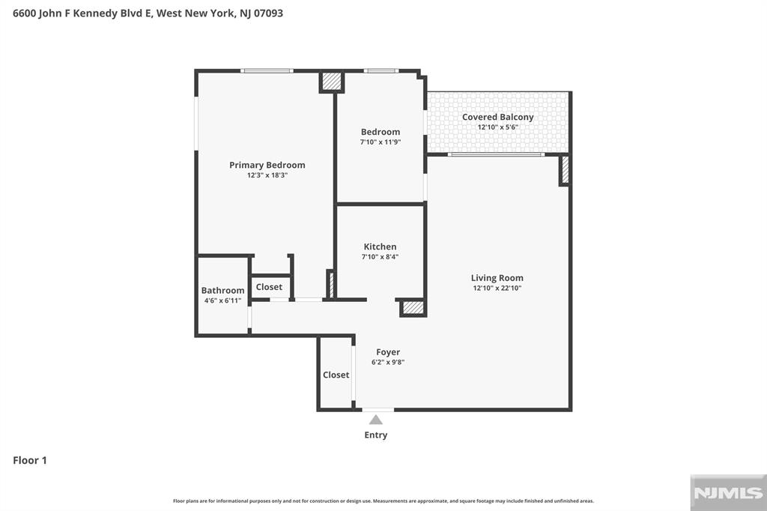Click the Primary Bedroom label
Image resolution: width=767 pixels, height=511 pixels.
pos(267,165)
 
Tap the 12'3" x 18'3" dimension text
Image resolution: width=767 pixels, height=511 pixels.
pos(267,175)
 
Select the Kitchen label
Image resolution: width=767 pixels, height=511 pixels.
pos(380,247)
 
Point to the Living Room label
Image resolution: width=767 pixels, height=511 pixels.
pos(497,278)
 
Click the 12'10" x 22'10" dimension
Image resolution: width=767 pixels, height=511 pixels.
pos(497,288)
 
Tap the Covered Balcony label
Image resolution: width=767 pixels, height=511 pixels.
pos(497,117)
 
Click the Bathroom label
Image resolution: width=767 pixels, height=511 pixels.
pos(222,290)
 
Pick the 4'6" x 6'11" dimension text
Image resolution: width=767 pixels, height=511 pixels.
pos(222,300)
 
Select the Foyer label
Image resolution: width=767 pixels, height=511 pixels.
pos(388,352)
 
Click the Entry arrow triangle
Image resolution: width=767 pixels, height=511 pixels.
pos(376,420)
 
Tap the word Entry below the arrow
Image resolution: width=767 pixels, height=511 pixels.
pos(376,435)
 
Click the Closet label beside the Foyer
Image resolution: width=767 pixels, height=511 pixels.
pos(336,375)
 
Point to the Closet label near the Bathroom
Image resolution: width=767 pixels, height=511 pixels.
pos(269,287)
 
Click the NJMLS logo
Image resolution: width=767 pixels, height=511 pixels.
pos(728,492)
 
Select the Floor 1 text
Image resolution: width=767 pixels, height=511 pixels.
pos(30,460)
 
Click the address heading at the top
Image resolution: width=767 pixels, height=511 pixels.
pos(148,13)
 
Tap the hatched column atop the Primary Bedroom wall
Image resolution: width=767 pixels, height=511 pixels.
pos(332,81)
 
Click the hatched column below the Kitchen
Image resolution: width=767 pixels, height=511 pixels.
pos(413,307)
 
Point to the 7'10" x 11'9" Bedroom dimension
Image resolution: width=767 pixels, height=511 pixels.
pos(380,142)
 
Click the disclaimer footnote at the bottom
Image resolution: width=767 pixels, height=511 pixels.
pos(383,501)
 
